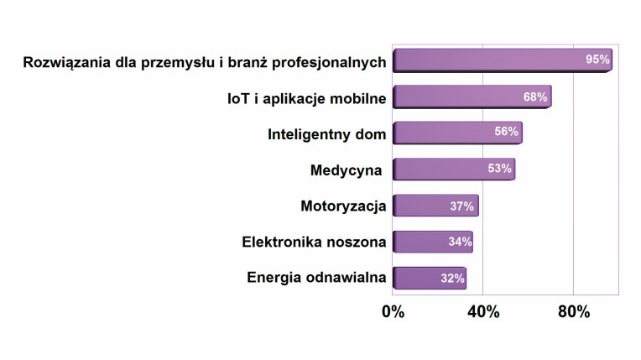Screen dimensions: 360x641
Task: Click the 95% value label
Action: (597, 60)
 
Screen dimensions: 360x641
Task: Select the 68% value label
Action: (535, 97)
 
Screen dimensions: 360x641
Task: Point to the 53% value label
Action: (499, 169)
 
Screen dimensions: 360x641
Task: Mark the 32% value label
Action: (453, 278)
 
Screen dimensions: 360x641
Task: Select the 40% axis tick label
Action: (482, 311)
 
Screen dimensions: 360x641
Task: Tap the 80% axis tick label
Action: (573, 311)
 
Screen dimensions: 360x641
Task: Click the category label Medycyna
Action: (346, 170)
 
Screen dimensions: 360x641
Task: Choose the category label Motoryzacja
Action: (343, 206)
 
